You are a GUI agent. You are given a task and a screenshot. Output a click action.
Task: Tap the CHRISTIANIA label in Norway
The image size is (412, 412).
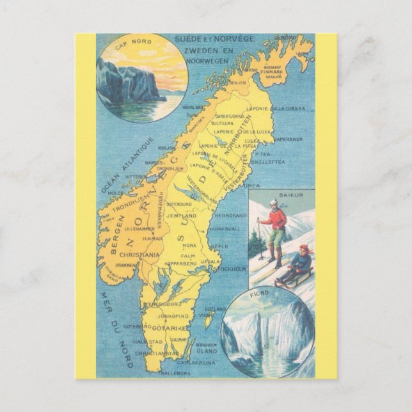click(138, 254)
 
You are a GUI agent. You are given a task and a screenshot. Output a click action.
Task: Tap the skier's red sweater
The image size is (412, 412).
click(277, 219)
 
